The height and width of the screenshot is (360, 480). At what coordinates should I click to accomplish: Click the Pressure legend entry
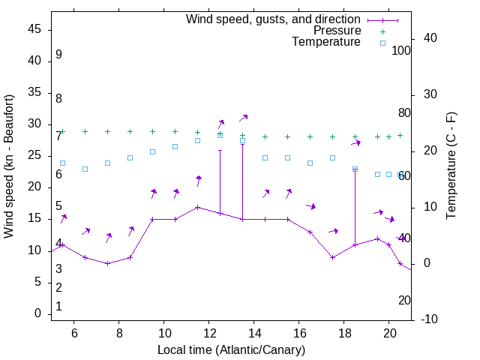point(337,31)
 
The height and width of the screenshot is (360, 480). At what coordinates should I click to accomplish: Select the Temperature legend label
point(326,42)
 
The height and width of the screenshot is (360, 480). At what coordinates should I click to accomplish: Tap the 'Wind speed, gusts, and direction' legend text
point(273,19)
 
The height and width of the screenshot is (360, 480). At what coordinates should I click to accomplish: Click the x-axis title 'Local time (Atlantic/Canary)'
point(232,349)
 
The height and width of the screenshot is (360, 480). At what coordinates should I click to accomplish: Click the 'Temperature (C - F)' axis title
point(451,166)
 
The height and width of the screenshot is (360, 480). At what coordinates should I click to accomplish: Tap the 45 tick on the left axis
point(35,30)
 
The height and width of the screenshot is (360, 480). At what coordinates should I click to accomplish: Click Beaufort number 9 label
point(58,55)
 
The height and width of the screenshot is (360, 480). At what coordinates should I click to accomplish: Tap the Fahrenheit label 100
point(401,50)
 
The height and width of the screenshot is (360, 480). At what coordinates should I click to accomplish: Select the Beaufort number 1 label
point(58,307)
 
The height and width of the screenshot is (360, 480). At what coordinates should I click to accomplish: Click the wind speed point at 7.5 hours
point(108,263)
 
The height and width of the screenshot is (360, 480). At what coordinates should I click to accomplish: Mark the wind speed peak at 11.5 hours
point(198,207)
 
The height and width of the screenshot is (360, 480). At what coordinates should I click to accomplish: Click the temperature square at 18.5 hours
point(355,169)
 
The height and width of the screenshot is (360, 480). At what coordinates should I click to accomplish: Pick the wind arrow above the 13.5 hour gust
point(244,118)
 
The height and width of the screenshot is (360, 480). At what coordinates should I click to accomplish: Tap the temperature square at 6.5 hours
point(85,169)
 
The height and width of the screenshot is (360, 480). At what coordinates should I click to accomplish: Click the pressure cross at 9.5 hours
point(153,131)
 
